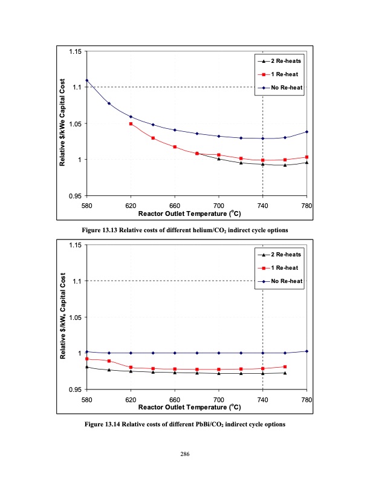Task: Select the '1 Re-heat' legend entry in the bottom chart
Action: (x=285, y=267)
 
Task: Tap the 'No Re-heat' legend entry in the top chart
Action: (x=287, y=88)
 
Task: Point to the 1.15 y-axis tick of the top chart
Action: (x=75, y=51)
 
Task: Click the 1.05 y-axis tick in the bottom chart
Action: (x=75, y=317)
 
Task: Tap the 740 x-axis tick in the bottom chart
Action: (x=263, y=400)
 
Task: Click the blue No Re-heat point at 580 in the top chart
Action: (x=86, y=80)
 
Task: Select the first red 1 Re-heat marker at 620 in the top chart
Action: (x=131, y=123)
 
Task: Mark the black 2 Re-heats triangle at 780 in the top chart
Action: (x=307, y=162)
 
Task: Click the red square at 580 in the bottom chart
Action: (x=86, y=359)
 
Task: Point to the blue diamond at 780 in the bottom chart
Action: (x=307, y=351)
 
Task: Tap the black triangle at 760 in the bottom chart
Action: (x=285, y=373)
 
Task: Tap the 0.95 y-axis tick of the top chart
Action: (x=75, y=196)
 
